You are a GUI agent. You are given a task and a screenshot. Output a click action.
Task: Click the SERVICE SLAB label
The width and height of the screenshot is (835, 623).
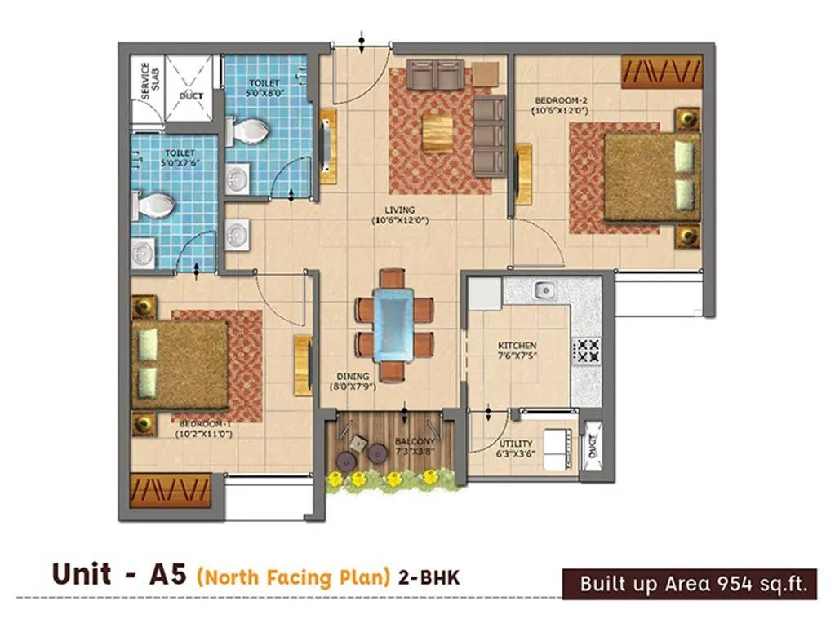[x=145, y=80]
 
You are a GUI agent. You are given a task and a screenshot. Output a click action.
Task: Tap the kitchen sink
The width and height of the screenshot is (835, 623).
[x=543, y=289]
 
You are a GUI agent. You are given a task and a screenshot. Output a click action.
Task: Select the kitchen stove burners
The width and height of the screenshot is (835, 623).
[x=586, y=350]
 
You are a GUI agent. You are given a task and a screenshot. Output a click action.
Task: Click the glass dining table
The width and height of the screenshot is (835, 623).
[x=394, y=325]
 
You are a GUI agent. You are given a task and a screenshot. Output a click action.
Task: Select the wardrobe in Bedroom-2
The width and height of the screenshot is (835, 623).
[x=661, y=71]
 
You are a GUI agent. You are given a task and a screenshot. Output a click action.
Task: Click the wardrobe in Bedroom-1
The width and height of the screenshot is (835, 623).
[x=171, y=491]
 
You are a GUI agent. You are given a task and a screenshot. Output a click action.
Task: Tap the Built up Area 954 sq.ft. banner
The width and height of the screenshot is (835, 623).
[x=689, y=584]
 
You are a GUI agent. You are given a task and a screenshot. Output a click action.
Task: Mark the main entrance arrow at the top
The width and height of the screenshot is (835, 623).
[x=362, y=38]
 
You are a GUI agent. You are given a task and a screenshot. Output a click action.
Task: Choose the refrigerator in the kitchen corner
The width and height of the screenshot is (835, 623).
[x=484, y=294]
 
